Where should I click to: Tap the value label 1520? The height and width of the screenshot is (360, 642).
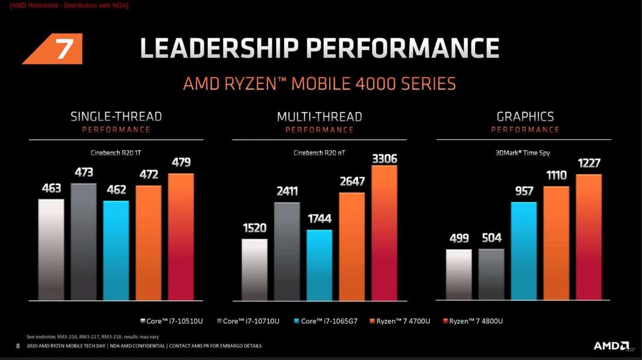pos(254,229)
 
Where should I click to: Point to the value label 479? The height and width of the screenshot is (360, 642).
pos(181,162)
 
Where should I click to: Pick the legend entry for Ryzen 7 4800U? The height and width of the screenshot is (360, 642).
pos(473,321)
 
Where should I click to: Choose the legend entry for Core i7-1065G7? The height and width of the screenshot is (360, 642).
pos(325,321)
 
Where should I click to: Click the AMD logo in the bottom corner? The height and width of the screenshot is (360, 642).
pos(611,346)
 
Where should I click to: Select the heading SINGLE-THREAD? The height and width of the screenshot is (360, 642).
pos(116,116)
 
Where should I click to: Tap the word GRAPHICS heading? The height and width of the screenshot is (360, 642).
pos(525,116)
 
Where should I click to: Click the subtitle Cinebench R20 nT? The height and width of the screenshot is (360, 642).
pos(319,153)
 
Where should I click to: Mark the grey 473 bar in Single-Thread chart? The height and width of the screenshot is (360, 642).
pos(84,241)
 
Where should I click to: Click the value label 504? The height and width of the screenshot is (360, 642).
pos(491,238)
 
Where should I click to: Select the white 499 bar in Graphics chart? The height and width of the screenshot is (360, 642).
pos(459,274)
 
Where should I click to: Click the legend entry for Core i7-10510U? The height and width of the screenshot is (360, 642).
pos(171,321)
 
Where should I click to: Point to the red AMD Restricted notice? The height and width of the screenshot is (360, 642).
pos(69,5)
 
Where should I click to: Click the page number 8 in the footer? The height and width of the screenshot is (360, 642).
pos(17,346)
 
